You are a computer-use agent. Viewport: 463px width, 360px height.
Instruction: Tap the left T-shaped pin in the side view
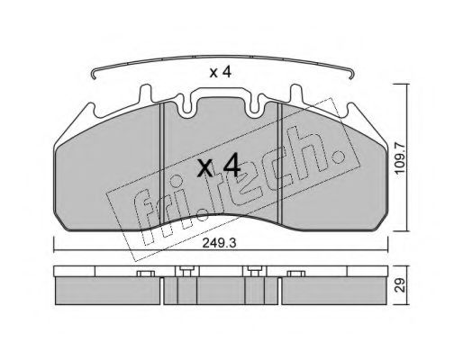tap(186, 271)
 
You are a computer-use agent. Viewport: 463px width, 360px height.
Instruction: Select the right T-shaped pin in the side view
tap(255, 271)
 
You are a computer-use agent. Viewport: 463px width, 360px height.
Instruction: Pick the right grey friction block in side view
tap(331, 290)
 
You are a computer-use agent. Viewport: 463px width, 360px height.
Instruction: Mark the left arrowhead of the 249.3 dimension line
tap(56, 249)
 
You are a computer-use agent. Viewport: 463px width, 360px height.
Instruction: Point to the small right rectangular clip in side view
tap(294, 272)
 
